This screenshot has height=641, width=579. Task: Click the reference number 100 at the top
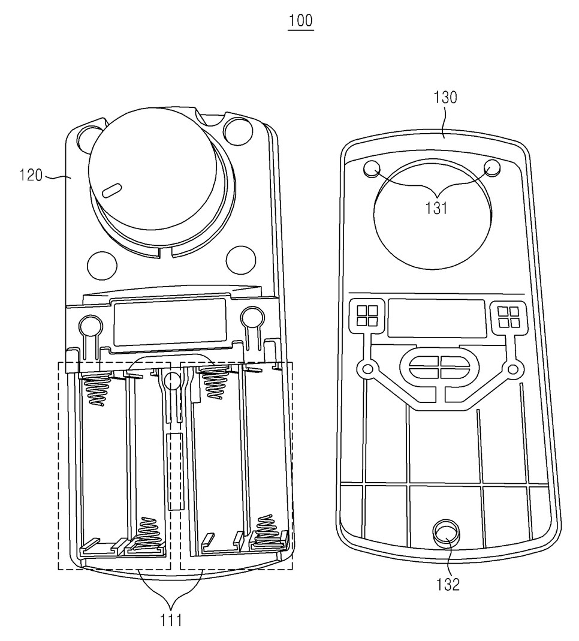tap(301, 20)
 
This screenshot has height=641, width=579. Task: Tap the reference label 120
tap(31, 175)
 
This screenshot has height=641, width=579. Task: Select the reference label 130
tap(445, 97)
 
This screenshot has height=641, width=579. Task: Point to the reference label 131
tap(436, 208)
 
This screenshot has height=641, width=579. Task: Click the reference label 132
tap(448, 585)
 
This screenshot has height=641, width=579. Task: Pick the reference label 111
tap(171, 620)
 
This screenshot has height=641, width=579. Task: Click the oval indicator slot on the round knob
tap(111, 190)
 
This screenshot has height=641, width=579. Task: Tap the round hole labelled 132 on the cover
tap(446, 532)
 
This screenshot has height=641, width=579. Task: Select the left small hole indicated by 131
tap(372, 168)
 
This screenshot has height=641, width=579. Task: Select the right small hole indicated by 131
tap(492, 168)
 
